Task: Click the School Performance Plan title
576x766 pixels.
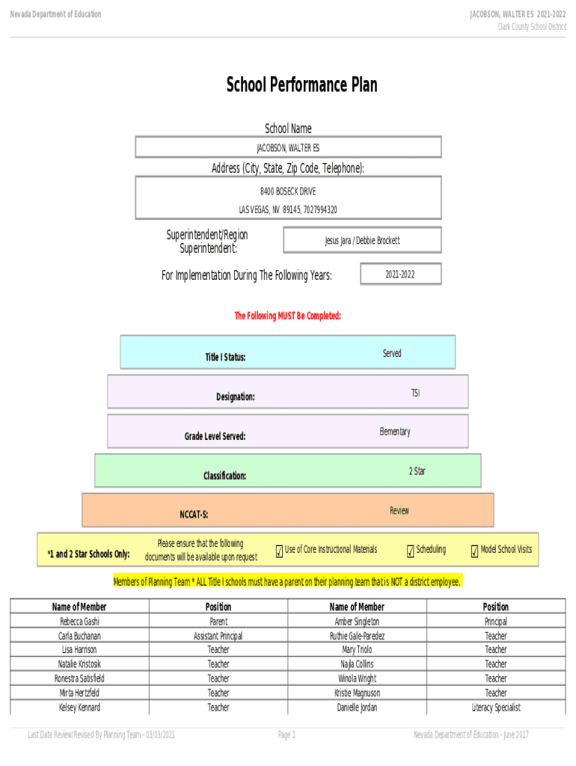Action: coord(301,85)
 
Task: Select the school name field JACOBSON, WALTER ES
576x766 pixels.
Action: coord(288,147)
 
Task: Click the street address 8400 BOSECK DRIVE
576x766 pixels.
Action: coord(288,191)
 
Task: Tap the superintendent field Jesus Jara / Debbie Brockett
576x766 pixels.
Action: coord(362,240)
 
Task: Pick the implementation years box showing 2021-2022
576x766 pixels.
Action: coord(401,274)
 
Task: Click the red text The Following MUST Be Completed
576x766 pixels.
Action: coord(288,316)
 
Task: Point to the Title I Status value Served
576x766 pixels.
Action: coord(392,353)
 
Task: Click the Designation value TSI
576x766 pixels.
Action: coord(415,393)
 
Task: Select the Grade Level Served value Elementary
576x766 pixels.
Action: coord(395,432)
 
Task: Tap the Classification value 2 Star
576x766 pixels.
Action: coord(417,471)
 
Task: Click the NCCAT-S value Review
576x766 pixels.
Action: coord(399,510)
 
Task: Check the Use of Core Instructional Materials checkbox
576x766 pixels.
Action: coord(280,551)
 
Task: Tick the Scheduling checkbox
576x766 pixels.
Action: coord(411,551)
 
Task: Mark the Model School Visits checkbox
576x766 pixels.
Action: coord(474,551)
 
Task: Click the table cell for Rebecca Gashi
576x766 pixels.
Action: coord(79,622)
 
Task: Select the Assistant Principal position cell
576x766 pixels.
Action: coord(218,636)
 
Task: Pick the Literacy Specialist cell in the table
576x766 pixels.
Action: coord(496,708)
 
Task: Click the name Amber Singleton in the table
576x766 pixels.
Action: coord(357,622)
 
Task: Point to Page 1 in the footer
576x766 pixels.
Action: coord(287,735)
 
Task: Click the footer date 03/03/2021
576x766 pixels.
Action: coord(160,735)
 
